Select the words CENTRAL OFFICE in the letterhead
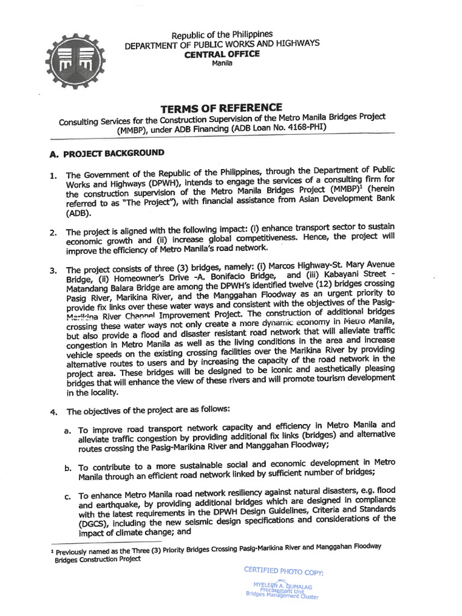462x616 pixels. click(222, 54)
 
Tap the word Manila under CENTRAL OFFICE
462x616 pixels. click(222, 64)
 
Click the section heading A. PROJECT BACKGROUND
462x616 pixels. click(106, 153)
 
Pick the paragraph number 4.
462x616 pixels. click(54, 411)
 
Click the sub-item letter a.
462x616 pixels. click(67, 431)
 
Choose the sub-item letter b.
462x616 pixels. click(67, 467)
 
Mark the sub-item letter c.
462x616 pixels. click(67, 496)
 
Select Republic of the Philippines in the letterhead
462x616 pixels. click(222, 35)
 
